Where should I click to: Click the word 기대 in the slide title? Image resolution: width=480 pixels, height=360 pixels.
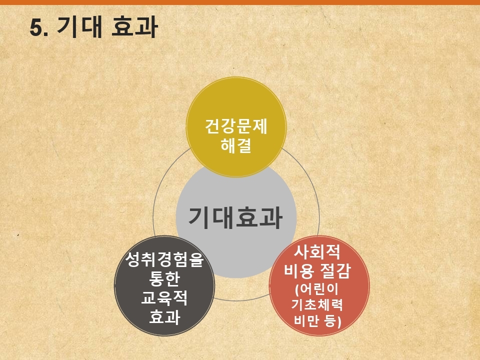point(79,27)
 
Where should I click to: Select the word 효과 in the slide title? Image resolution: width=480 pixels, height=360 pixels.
point(134,27)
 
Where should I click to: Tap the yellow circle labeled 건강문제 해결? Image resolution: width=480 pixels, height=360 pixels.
point(236,127)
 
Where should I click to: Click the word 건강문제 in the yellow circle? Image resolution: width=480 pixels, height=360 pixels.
point(236,126)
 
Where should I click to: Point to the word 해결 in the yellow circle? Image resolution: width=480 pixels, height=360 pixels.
point(236,145)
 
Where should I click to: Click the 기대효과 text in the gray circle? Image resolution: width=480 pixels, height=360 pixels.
point(235,217)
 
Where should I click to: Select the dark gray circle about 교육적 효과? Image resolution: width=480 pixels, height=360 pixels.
point(164,285)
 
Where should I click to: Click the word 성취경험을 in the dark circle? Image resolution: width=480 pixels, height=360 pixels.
point(164,259)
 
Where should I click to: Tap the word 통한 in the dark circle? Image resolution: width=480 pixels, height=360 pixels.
point(164,278)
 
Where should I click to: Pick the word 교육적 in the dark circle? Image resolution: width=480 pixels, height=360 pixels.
point(164,297)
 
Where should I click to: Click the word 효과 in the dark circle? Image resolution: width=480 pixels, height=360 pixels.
point(164,317)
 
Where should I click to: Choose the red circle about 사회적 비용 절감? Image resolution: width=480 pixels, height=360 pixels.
point(319,285)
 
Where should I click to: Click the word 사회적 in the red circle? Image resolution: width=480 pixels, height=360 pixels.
point(317,251)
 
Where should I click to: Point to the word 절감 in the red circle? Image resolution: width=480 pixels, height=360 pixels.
point(334,270)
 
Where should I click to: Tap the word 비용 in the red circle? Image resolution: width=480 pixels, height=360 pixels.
point(299,270)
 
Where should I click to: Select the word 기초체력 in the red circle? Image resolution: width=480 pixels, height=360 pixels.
point(317,305)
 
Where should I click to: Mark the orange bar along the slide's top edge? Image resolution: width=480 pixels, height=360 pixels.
point(240,2)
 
